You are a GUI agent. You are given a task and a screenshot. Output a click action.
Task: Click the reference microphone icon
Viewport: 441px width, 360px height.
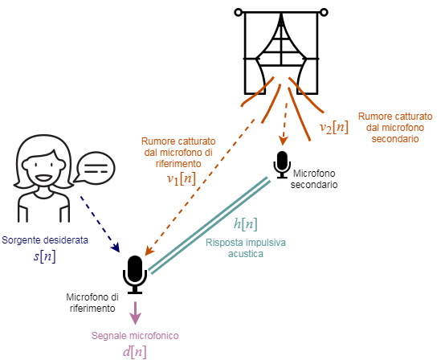135,274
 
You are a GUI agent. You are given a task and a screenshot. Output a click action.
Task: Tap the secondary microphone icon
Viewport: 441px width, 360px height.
282,165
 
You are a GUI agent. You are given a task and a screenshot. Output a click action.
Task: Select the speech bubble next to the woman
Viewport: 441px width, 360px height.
95,168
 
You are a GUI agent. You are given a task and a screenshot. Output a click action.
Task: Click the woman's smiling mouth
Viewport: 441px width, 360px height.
43,178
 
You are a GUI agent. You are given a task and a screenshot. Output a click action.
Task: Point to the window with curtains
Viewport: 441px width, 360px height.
281,52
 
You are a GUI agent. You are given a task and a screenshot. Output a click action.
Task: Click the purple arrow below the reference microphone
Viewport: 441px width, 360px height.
135,313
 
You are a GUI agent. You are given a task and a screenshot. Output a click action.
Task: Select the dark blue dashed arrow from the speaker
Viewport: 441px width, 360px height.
100,224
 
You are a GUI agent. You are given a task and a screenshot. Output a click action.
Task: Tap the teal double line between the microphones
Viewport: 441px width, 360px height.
209,225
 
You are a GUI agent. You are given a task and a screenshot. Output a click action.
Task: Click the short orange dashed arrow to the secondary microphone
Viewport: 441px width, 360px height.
284,124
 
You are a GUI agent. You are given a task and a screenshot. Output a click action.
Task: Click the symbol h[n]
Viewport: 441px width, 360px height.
246,224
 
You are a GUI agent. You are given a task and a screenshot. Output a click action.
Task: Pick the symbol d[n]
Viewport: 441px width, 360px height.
135,352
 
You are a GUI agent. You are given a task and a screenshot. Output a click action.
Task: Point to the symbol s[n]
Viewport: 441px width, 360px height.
45,256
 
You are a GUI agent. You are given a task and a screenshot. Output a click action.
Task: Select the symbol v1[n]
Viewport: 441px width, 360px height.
182,178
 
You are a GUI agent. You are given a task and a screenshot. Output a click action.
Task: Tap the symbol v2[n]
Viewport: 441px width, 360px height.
334,127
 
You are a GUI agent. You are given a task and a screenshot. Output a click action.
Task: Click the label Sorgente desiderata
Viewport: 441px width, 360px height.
45,240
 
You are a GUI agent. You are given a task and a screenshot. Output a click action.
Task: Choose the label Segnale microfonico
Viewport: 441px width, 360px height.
135,336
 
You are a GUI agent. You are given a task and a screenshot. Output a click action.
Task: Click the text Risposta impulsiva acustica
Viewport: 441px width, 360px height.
246,248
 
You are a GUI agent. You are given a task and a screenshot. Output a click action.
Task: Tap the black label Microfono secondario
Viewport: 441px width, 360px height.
314,179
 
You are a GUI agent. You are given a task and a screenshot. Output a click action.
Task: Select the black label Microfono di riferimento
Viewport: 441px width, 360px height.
92,303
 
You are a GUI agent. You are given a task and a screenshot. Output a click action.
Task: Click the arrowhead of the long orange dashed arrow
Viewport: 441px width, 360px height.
149,251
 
